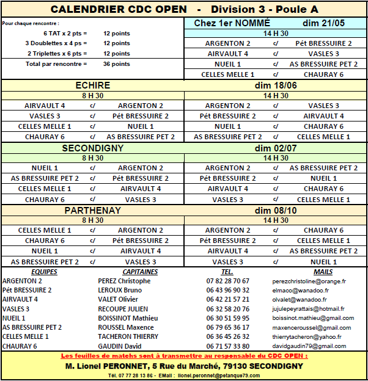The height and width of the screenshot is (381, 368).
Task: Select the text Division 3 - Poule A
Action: pos(264,10)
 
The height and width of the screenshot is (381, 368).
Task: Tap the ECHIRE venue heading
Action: pos(93,85)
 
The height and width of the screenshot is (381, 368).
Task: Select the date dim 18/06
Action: pos(276,85)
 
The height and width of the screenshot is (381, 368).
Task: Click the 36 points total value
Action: pos(116,64)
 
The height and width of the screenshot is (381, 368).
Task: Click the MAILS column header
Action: pos(323,272)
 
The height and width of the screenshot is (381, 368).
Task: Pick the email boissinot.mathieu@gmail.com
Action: pos(313,318)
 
